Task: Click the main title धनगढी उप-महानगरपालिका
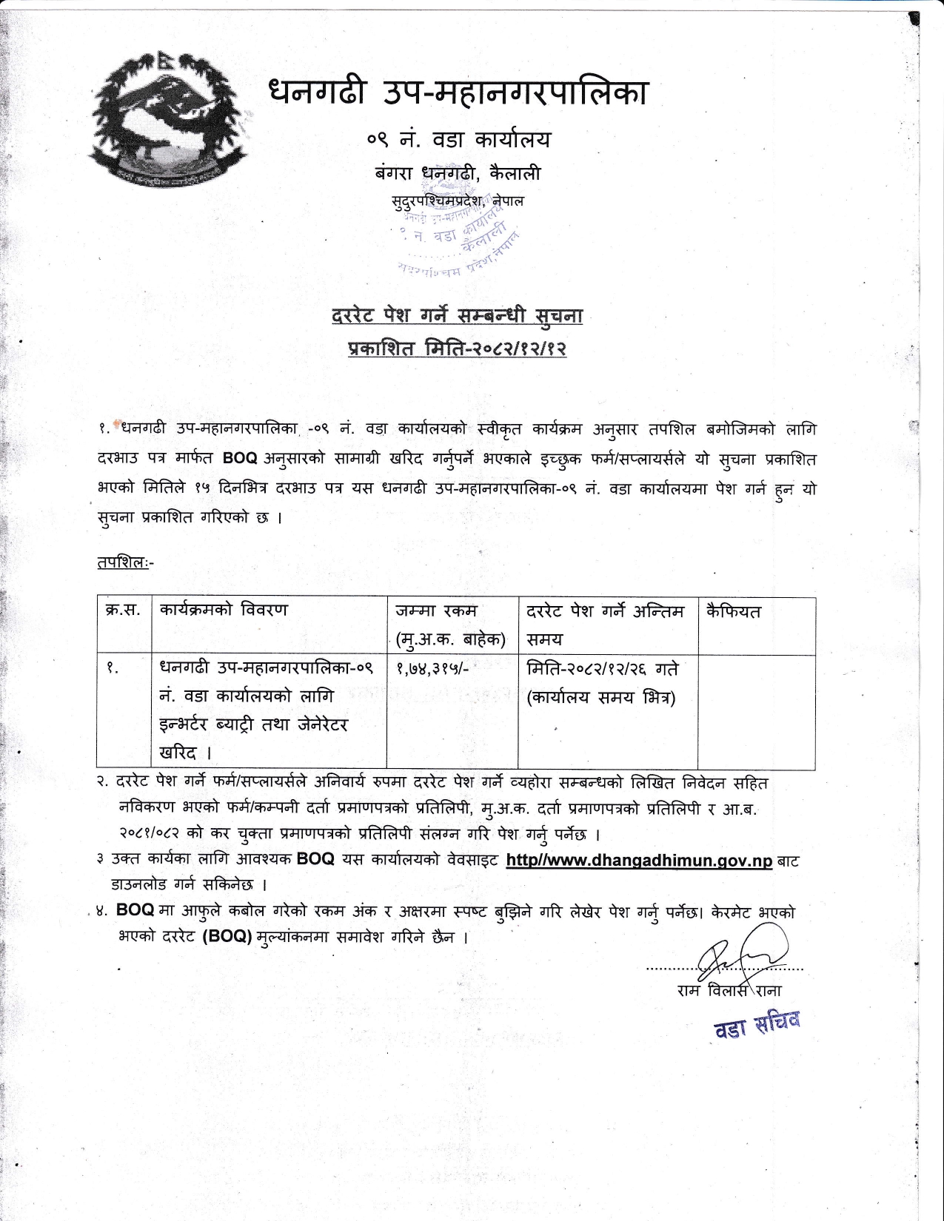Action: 458,92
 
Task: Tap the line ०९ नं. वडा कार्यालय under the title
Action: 458,140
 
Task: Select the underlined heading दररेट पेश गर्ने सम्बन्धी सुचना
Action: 457,316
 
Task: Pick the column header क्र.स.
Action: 123,611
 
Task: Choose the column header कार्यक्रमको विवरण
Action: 223,610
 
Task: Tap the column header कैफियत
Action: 733,612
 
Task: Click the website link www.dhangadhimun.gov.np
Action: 639,861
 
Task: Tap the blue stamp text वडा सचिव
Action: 756,1025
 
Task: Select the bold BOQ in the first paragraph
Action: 240,458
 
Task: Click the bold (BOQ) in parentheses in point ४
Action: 227,936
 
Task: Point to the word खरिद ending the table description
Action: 178,753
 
